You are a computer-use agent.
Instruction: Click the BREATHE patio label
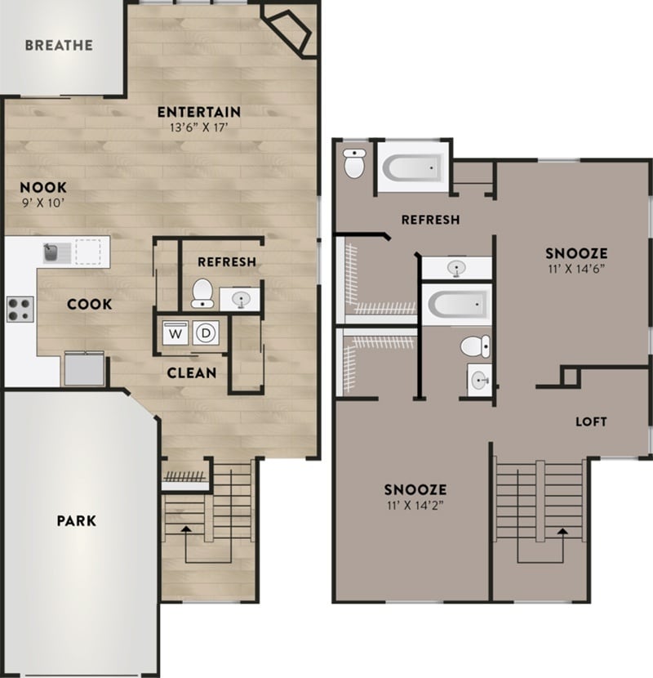(59, 46)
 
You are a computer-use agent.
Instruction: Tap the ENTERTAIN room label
(199, 112)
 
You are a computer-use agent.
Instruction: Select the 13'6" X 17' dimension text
(199, 127)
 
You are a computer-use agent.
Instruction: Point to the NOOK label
(43, 187)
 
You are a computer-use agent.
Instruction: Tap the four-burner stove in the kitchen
(19, 308)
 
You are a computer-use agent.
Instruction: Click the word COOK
(90, 305)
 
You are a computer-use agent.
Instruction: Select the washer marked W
(175, 333)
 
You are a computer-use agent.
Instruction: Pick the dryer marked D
(207, 333)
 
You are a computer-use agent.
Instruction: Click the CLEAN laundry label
(192, 373)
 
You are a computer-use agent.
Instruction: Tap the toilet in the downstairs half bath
(202, 293)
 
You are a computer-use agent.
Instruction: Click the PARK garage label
(76, 520)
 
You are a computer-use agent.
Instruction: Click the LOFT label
(591, 422)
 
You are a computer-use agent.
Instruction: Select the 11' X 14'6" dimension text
(575, 268)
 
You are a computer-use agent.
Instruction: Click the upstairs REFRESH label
(430, 220)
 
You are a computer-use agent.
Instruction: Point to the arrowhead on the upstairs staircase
(562, 531)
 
